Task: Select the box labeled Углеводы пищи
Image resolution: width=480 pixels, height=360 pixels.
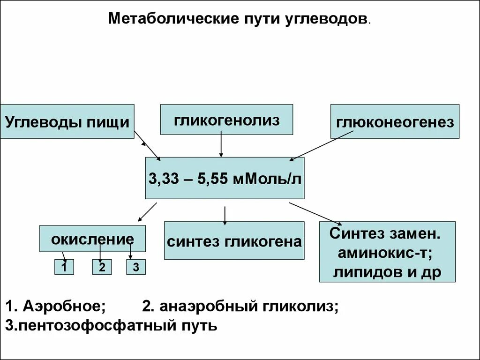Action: pyautogui.click(x=67, y=121)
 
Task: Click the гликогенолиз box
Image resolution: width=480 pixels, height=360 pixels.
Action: pyautogui.click(x=227, y=120)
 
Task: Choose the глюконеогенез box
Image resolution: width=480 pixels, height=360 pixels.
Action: pyautogui.click(x=395, y=121)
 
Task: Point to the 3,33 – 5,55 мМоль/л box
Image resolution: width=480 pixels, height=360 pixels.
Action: pyautogui.click(x=225, y=178)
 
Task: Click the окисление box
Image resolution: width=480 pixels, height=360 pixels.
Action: pyautogui.click(x=92, y=239)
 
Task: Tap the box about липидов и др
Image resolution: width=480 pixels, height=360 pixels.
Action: pyautogui.click(x=387, y=252)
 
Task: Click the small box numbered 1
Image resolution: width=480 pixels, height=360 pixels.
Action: pyautogui.click(x=64, y=267)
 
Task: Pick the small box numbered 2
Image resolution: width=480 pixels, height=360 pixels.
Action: pyautogui.click(x=102, y=267)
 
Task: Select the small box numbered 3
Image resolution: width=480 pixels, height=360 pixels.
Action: pyautogui.click(x=136, y=267)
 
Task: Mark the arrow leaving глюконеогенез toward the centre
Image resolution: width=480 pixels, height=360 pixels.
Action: pyautogui.click(x=322, y=146)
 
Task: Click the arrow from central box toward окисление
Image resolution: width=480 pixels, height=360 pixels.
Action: pyautogui.click(x=147, y=211)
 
